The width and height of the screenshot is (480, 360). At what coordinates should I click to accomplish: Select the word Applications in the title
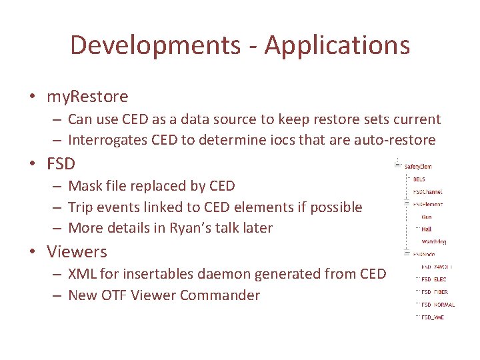[x=337, y=45]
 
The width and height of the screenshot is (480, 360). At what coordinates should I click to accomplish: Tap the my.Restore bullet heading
[x=87, y=97]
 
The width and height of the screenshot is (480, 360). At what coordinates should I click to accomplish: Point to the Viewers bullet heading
[x=77, y=251]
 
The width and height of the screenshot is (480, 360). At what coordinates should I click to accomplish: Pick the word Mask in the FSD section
[x=85, y=185]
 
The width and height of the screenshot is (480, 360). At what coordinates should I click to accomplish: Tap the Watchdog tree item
[x=434, y=241]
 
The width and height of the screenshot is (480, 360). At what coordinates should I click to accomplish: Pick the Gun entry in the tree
[x=427, y=217]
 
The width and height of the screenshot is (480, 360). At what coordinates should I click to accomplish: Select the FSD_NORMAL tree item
[x=438, y=305]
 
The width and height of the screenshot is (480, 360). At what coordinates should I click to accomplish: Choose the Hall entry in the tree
[x=427, y=229]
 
